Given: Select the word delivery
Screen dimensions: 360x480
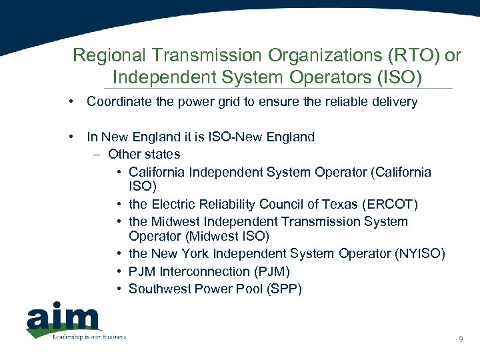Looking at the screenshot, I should point(395,102).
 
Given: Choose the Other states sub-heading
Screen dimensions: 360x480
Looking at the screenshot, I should point(144,154).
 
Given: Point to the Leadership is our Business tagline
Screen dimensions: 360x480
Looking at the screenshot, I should point(89,337).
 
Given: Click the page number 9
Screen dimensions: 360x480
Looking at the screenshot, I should point(461,340).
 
